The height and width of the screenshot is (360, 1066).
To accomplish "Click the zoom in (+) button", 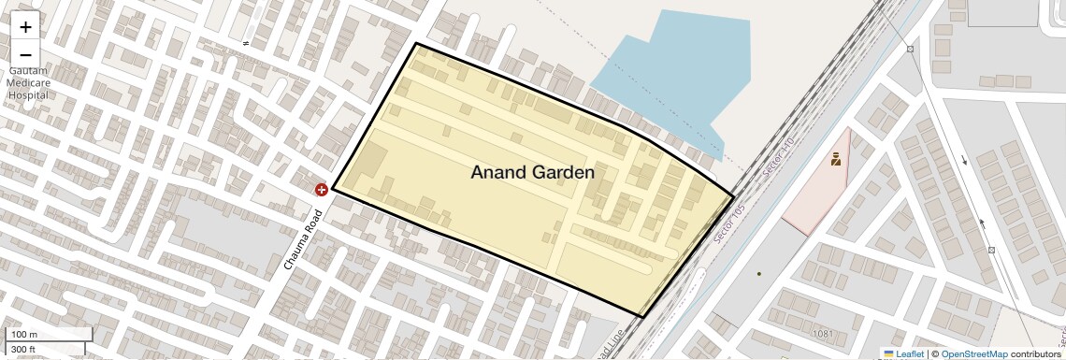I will pos(25,27).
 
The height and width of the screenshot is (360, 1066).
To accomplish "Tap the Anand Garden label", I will pos(532,172).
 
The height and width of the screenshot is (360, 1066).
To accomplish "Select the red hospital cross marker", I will pos(322,190).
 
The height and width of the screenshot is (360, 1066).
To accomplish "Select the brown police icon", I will pos(835,159).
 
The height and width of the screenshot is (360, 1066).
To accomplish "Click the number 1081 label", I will pos(823,334).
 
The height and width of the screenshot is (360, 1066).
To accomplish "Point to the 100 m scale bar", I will pos(50,335).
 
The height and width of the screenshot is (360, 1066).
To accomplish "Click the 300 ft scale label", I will pos(23,349).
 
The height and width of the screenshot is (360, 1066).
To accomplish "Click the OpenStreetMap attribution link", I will pos(973,353).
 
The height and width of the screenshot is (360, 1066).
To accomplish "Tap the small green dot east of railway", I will pos(758,274).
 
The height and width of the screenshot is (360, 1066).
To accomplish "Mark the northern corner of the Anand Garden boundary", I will pos(416,44).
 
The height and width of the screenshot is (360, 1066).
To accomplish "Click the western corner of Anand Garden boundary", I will pos(332,189).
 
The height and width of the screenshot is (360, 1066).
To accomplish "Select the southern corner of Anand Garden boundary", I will pos(641,317).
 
